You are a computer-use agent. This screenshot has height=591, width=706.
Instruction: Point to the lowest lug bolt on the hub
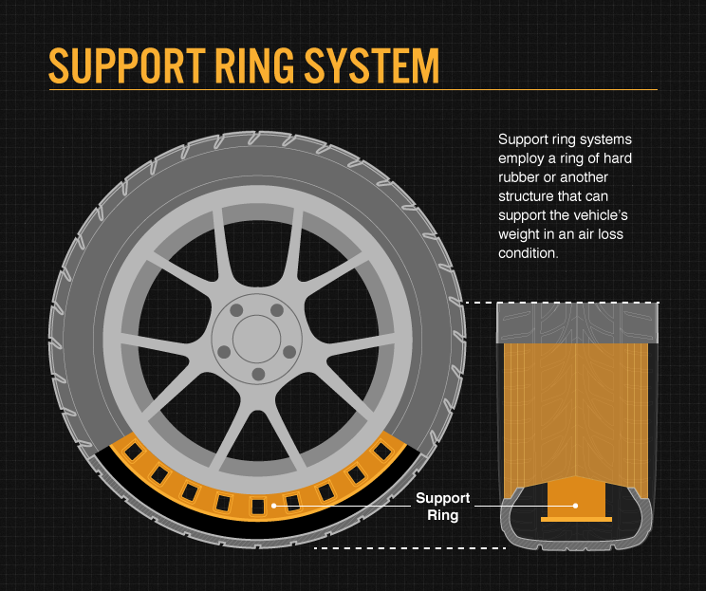click(257, 375)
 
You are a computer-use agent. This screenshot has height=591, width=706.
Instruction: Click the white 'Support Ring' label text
click(442, 507)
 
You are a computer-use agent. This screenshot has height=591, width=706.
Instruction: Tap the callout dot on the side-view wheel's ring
click(275, 506)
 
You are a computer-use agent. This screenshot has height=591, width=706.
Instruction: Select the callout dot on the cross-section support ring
click(575, 506)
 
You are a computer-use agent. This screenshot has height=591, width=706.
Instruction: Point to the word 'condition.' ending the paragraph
click(528, 253)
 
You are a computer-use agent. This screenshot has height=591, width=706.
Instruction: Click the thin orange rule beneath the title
click(351, 90)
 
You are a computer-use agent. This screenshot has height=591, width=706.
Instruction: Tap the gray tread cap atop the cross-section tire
click(577, 323)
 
